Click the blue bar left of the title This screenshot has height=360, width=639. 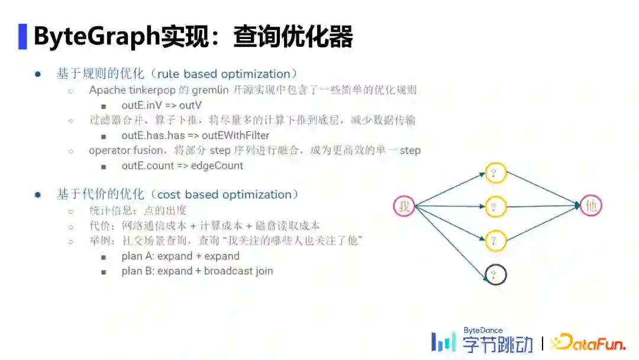tap(22, 37)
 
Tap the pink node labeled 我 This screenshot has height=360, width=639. tap(405, 206)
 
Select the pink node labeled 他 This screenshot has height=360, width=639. tap(591, 206)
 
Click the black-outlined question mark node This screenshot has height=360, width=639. tap(495, 274)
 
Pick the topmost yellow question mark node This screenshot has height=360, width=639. tap(495, 172)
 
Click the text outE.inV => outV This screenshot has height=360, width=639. tap(162, 105)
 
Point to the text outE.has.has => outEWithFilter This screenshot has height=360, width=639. tap(195, 135)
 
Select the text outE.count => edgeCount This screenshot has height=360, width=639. tap(182, 166)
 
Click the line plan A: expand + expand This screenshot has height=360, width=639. tap(180, 256)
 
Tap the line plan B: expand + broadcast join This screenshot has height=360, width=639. tap(197, 271)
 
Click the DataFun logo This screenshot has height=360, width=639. tap(588, 342)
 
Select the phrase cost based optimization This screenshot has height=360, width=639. tap(224, 195)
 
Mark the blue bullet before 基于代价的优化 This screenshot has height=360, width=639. tap(38, 195)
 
